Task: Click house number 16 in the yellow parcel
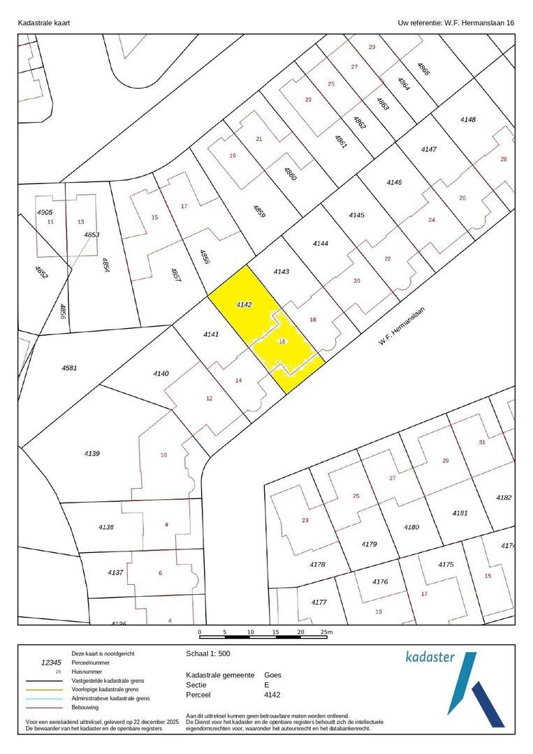coord(282,341)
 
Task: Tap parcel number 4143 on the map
coord(281,271)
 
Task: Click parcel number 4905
coord(45,212)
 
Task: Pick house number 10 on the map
coord(163,455)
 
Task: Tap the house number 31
coord(481,443)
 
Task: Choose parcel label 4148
coord(467,119)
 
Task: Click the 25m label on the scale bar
coord(326,632)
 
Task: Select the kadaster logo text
coord(430,656)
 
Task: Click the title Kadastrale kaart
coord(43,22)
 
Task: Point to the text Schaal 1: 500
coord(208,654)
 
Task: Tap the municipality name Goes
coord(272,675)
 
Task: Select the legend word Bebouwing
coord(87,707)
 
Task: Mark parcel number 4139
coord(92,454)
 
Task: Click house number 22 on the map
coord(388,258)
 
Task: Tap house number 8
coord(166,524)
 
